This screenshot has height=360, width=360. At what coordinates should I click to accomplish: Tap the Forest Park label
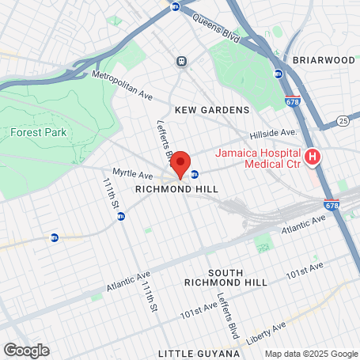39,133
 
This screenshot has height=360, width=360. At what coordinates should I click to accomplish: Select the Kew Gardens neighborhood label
212,110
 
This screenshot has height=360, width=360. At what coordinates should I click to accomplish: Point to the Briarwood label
324,59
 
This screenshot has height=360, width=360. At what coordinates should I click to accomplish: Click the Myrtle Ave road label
132,173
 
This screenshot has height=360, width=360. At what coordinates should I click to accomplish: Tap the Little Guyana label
198,352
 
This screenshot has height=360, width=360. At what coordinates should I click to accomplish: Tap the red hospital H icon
313,157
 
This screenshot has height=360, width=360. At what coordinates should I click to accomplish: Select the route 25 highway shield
343,120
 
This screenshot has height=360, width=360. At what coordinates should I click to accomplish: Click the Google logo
26,350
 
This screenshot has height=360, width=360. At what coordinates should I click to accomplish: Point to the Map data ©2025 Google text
311,354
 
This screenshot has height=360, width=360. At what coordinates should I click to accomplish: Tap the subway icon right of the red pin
195,174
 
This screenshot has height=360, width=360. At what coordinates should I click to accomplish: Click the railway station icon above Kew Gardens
181,60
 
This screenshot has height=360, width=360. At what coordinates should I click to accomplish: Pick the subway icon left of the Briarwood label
278,74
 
